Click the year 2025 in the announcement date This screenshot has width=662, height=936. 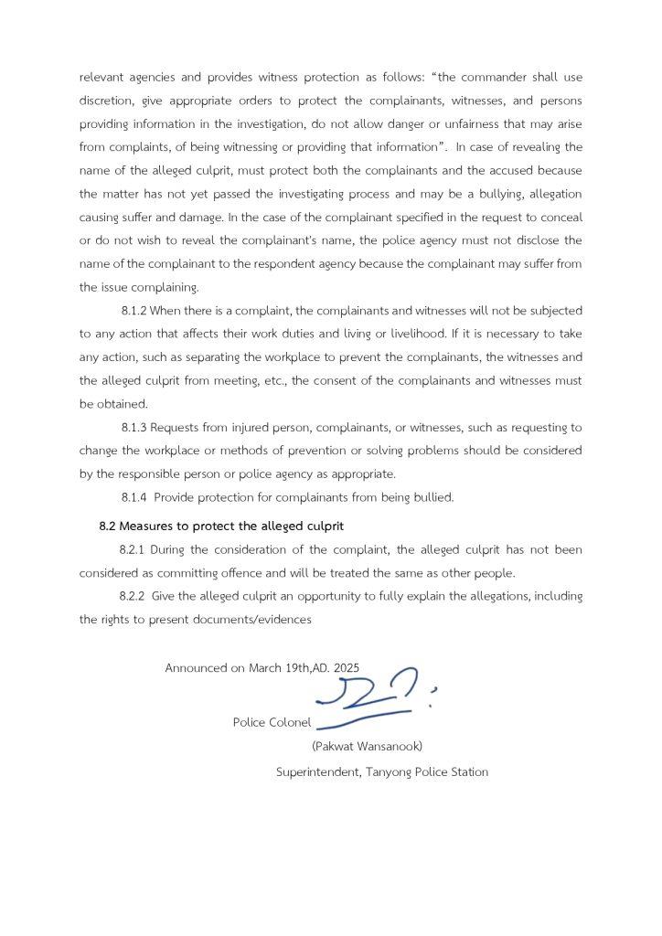[347, 668]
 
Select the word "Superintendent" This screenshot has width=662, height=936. [317, 772]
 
